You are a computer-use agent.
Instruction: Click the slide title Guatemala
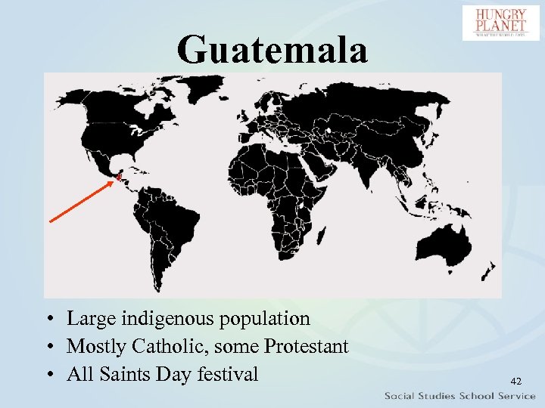[x=272, y=49]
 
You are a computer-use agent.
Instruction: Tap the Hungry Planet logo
[x=501, y=23]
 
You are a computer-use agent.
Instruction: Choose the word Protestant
[x=307, y=347]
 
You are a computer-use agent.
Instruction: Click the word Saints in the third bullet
[x=125, y=374]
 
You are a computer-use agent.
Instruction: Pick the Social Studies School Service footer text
[x=459, y=396]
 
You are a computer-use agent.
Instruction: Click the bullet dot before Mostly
[x=48, y=348]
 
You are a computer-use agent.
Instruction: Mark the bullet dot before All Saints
[x=48, y=375]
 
